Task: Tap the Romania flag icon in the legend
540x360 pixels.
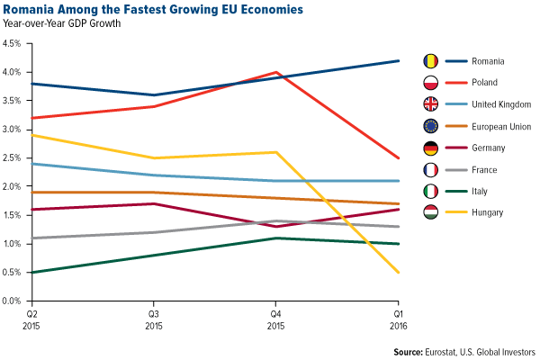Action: [x=430, y=61]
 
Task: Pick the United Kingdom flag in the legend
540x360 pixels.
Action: [x=430, y=104]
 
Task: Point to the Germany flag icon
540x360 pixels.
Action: [x=430, y=148]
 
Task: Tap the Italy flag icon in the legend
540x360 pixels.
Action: [x=430, y=191]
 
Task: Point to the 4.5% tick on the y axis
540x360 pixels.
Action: [x=15, y=43]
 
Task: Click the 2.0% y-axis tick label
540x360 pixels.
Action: [x=15, y=186]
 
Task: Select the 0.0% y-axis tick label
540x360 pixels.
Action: [x=15, y=301]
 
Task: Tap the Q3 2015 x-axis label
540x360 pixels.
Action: [x=155, y=317]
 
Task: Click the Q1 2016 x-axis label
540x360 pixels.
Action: [x=398, y=317]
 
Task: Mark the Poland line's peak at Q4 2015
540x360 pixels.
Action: [x=277, y=72]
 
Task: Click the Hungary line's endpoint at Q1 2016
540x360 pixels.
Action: [x=399, y=272]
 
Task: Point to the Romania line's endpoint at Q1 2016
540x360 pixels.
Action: [x=399, y=60]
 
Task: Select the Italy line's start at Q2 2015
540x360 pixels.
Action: [x=32, y=272]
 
